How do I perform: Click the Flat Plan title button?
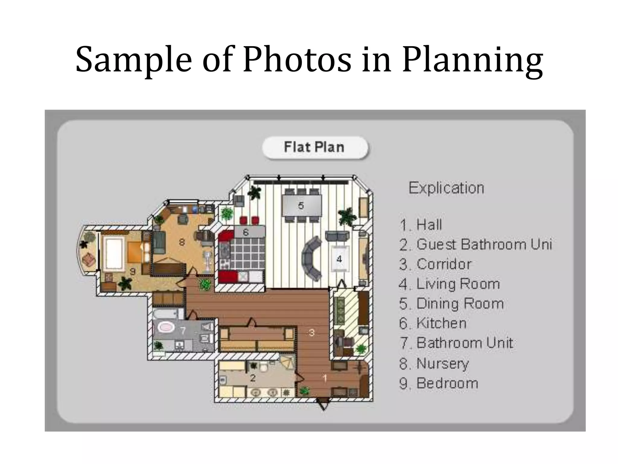point(315,147)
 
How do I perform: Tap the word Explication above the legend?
point(446,188)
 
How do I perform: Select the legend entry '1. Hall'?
point(421,225)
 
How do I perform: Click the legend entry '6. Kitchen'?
point(433,323)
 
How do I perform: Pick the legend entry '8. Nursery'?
point(434,363)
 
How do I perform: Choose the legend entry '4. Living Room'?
point(449,284)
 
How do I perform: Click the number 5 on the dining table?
point(301,206)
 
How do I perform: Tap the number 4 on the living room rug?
point(339,259)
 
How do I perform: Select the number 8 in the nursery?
point(182,242)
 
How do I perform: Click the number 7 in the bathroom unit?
point(183,331)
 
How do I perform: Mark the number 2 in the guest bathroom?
point(253,378)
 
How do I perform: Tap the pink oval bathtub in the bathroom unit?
point(166,327)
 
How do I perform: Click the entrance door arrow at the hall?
point(323,404)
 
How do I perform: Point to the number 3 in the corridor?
point(312,333)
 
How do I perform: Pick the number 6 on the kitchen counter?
point(246,232)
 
